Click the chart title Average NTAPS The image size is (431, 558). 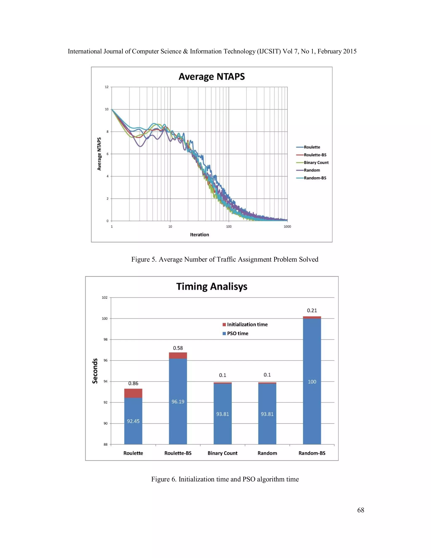pos(212,77)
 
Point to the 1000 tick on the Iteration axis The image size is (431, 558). pos(287,226)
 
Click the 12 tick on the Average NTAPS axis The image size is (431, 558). pos(106,87)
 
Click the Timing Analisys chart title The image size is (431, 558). pos(212,286)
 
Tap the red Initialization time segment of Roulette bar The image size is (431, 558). pos(133,393)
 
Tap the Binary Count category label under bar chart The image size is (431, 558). pos(222,453)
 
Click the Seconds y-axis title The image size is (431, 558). pos(95,371)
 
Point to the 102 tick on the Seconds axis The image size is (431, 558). pos(105,297)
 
